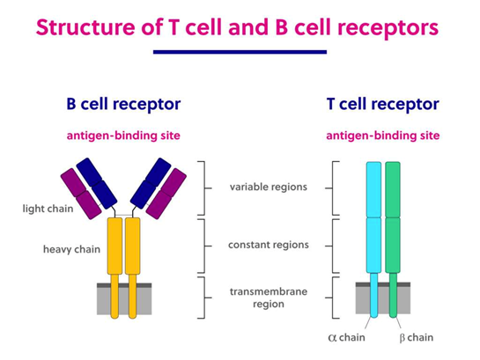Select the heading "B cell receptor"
[x=123, y=104]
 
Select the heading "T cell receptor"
[x=382, y=104]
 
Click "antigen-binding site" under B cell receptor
[x=123, y=136]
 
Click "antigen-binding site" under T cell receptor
[x=382, y=136]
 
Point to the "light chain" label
[x=48, y=209]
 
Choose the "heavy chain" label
[x=71, y=249]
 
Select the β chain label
[x=414, y=338]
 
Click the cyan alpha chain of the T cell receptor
[x=373, y=220]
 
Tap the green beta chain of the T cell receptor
[x=392, y=220]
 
